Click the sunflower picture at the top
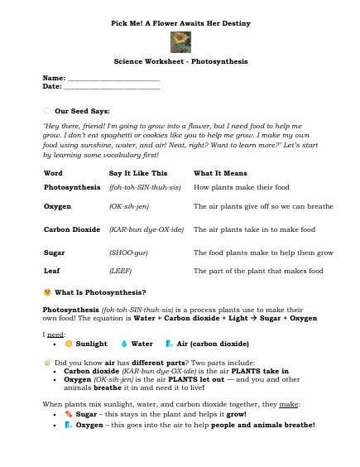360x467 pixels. pos(180,41)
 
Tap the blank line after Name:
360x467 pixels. pos(113,77)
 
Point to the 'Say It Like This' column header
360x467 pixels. pos(138,172)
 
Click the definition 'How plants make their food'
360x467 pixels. pos(236,188)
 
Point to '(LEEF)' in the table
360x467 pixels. pos(121,270)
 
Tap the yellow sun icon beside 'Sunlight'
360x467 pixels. pos(70,343)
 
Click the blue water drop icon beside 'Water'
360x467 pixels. pos(123,343)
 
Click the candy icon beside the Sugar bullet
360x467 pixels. pos(70,414)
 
